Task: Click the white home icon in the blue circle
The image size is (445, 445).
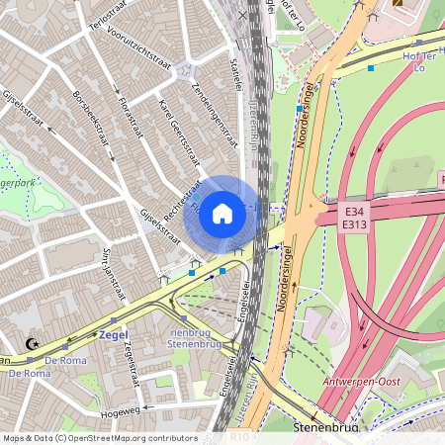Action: pos(222,213)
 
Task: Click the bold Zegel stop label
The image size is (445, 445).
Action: pos(115,335)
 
